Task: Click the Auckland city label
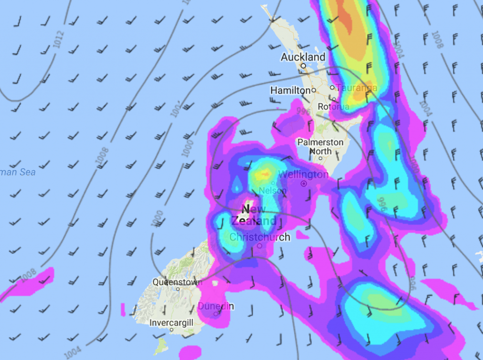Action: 303,57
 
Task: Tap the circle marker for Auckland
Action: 304,66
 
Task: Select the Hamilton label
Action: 290,90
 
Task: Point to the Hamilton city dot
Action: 314,90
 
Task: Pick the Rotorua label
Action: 333,107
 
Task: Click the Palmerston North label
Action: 320,147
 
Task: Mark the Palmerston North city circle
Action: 320,158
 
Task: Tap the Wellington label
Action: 303,174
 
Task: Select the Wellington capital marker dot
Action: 304,183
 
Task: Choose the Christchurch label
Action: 260,237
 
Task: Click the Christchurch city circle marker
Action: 259,245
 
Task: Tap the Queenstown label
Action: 177,282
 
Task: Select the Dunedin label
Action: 216,306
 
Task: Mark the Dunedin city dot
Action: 216,314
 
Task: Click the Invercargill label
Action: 171,323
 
